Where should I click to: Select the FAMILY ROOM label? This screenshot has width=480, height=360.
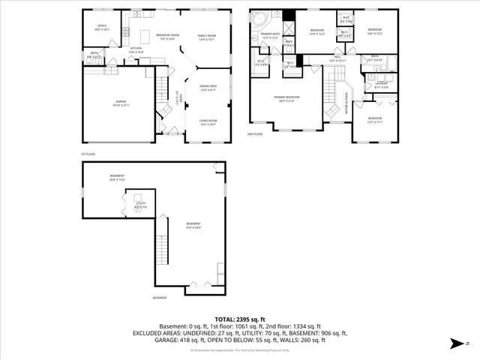click(x=207, y=37)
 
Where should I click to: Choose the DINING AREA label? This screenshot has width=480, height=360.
click(x=208, y=88)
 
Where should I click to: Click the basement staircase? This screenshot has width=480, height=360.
click(x=162, y=247)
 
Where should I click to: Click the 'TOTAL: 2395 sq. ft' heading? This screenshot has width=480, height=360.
click(x=239, y=319)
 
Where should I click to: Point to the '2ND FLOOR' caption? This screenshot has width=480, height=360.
click(x=255, y=135)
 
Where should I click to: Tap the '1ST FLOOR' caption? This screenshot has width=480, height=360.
click(x=88, y=154)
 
